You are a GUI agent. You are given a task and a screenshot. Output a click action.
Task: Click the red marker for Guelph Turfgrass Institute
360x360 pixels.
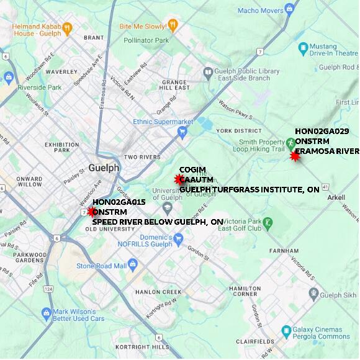pos(179,180)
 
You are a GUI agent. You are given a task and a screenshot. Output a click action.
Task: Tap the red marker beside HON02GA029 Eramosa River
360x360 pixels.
pos(295,156)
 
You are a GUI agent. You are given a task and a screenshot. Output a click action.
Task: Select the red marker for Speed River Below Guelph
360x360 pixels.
pos(92,212)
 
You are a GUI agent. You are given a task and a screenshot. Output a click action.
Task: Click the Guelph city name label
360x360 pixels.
pos(103,168)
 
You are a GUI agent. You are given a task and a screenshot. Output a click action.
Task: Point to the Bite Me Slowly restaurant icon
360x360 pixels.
pos(173,25)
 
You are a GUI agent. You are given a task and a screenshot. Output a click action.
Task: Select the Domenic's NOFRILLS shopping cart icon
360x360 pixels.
pos(179,237)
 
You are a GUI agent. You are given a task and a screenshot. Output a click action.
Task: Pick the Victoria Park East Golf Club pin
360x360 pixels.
pos(268,222)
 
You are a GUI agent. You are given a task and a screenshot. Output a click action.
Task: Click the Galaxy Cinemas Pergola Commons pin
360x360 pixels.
pos(286,331)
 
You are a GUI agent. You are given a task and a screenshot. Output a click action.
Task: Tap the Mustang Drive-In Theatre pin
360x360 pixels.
pos(304,47)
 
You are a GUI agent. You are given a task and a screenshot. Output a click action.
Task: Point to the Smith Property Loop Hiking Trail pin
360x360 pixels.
pos(290,143)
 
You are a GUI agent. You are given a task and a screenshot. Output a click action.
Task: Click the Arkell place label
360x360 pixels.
pos(335,197)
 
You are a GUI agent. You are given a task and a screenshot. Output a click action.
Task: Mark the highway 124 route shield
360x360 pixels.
pos(48,289)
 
